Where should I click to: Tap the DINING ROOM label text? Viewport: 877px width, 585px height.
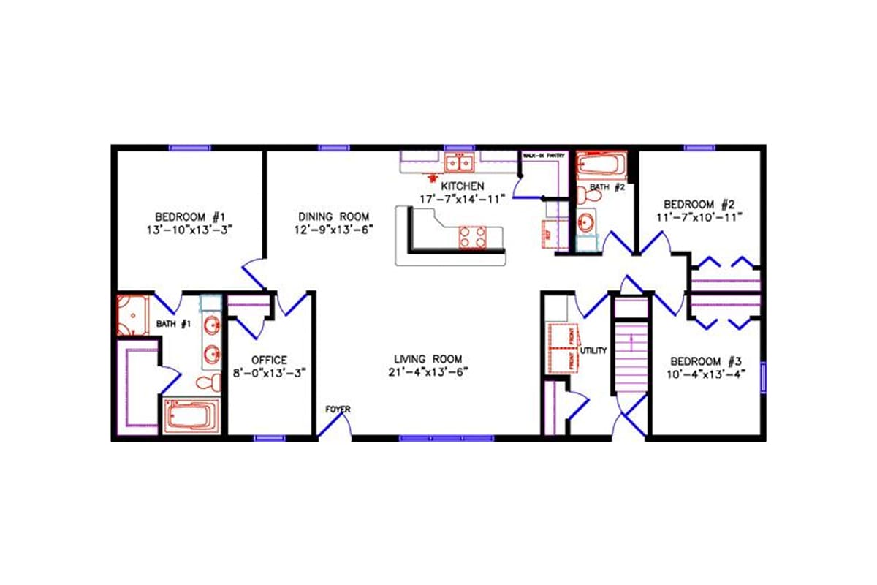[333, 216]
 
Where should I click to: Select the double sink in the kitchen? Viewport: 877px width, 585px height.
[459, 162]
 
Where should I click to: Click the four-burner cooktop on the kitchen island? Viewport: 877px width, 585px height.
[472, 237]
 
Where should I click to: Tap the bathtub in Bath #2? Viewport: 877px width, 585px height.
[601, 164]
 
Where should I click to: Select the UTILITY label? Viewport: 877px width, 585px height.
[593, 351]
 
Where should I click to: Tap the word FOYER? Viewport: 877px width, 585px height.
[338, 409]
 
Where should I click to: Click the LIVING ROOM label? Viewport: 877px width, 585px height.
[428, 359]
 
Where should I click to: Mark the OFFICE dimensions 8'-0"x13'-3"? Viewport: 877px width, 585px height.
[269, 372]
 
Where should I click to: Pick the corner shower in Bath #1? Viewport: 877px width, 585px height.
[132, 314]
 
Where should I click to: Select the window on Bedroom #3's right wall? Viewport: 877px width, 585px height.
[764, 376]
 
